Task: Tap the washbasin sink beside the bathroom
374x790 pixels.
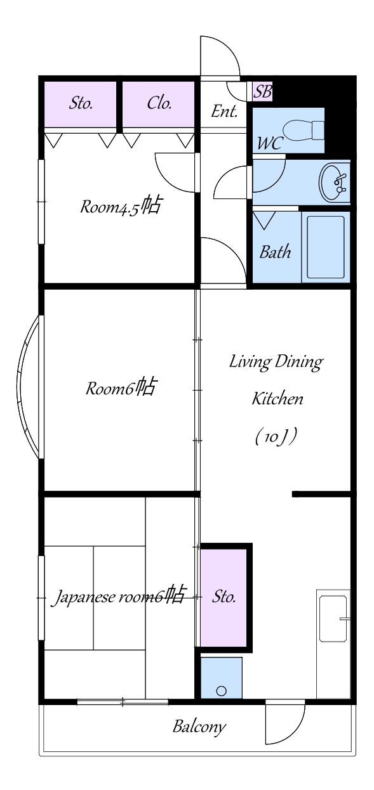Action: [335, 183]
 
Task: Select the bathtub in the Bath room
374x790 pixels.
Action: [325, 247]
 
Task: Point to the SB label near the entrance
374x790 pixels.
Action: [263, 91]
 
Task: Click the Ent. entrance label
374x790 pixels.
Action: [224, 112]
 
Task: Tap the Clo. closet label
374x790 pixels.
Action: [159, 103]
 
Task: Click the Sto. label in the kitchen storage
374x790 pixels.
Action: [224, 597]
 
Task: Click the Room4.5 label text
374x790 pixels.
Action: [121, 206]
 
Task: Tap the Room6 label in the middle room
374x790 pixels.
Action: [121, 387]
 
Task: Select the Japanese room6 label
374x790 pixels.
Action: [119, 596]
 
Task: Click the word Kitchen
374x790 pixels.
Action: [277, 399]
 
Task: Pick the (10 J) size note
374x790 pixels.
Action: [276, 437]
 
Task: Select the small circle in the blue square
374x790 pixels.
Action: [222, 690]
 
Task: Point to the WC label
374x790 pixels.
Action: [270, 143]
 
